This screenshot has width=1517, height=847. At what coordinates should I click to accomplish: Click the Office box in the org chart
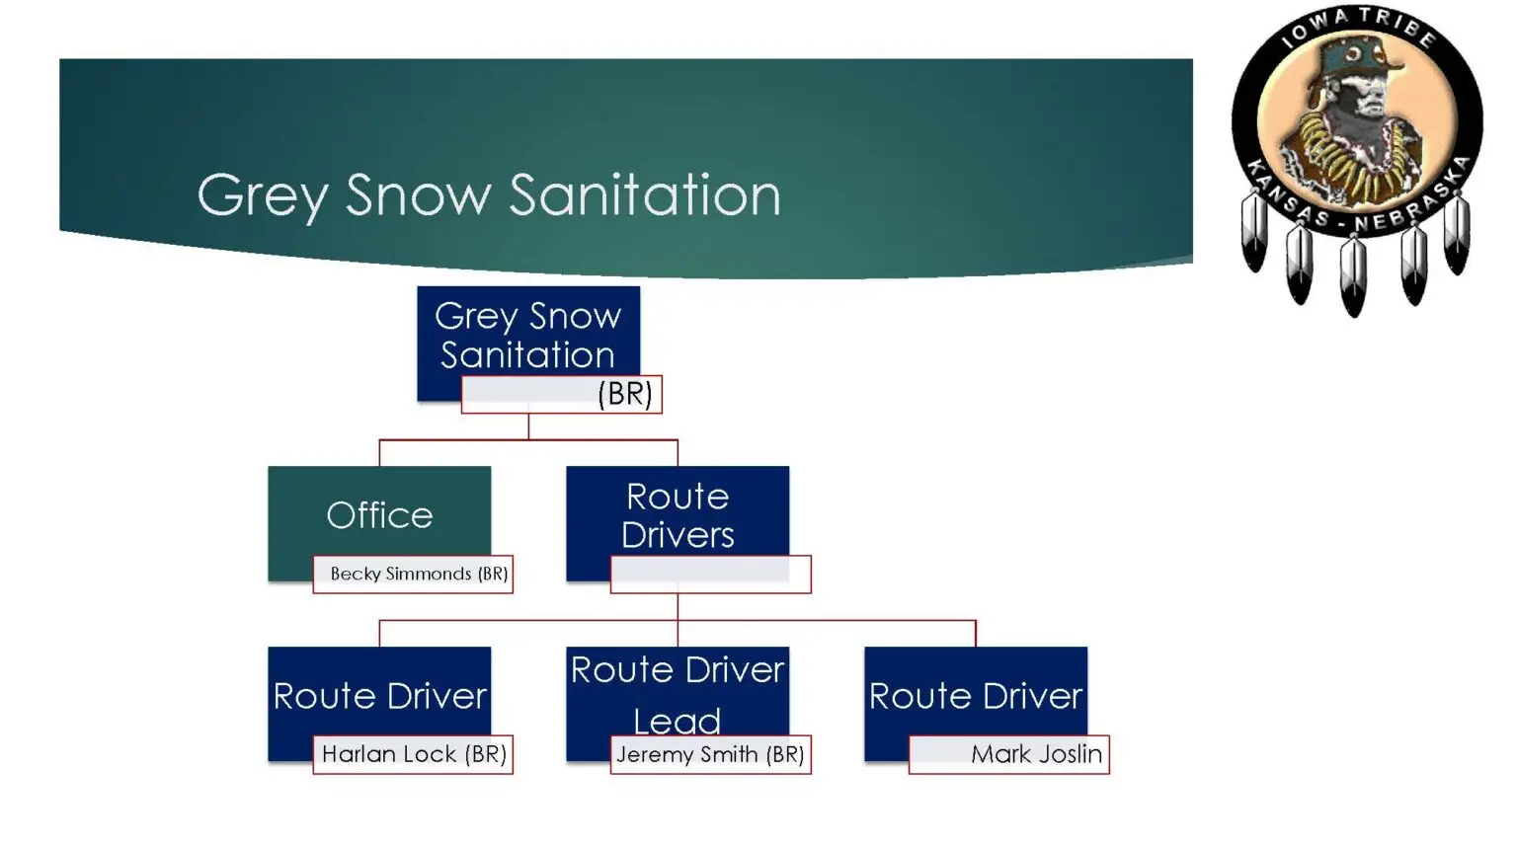(x=379, y=513)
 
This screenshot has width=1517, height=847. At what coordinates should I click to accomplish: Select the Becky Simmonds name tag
(x=413, y=574)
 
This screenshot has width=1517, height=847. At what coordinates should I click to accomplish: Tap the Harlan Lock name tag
(x=413, y=754)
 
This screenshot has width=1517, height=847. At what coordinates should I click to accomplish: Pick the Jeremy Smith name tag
(x=710, y=754)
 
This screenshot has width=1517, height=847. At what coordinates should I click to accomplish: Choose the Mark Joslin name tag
(x=1008, y=754)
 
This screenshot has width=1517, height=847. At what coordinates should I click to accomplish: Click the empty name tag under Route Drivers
(x=710, y=574)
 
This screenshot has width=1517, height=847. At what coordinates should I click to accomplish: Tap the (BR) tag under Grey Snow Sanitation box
(x=561, y=394)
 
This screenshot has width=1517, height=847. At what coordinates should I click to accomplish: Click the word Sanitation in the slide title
(x=645, y=194)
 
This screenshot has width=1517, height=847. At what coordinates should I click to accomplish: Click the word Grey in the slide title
(x=261, y=194)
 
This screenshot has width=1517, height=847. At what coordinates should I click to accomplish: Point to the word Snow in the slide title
(x=418, y=194)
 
